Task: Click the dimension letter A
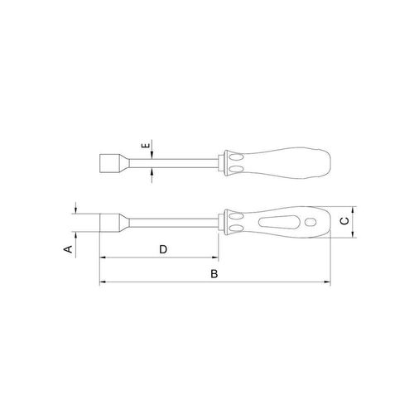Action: click(x=68, y=248)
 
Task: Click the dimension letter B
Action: click(x=214, y=274)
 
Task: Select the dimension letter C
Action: click(x=344, y=221)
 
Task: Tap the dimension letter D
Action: click(x=163, y=249)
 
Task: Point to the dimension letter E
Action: click(x=146, y=146)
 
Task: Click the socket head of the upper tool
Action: click(x=109, y=163)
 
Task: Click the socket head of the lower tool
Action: click(x=109, y=222)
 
